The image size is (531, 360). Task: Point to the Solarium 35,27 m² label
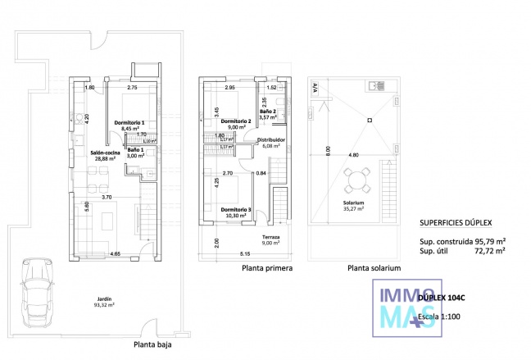(x=354, y=205)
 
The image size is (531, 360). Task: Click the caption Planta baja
(x=152, y=345)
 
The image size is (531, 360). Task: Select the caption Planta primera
(x=267, y=268)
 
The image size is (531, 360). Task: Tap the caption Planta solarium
(x=374, y=268)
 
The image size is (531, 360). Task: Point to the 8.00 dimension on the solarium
(x=328, y=151)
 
